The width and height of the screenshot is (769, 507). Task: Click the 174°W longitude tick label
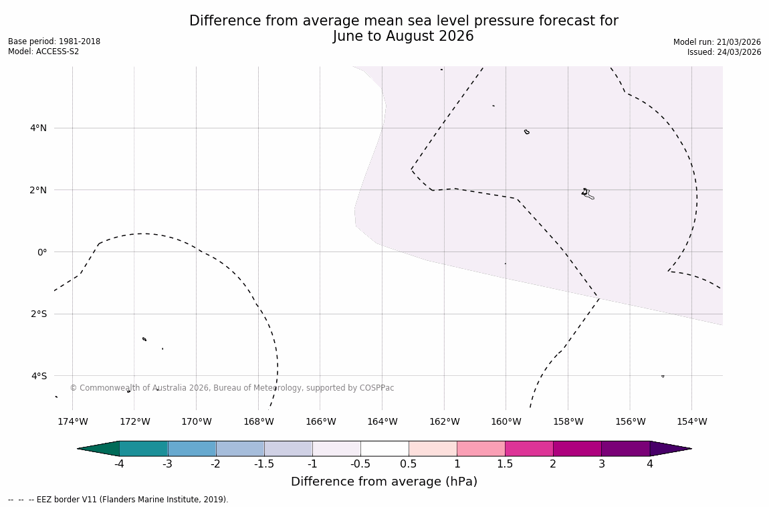click(x=72, y=421)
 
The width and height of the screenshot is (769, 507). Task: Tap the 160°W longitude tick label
click(x=506, y=421)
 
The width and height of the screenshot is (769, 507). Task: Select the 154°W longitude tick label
click(x=691, y=421)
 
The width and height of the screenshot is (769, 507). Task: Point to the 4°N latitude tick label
click(x=38, y=128)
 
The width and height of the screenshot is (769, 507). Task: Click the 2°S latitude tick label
click(x=38, y=314)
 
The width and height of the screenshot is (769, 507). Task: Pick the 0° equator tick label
click(x=41, y=252)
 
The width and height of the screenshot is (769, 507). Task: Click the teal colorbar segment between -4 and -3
click(x=143, y=449)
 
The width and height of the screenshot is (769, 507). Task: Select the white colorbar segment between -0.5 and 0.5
click(x=384, y=449)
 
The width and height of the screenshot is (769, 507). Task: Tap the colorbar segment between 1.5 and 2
click(x=529, y=449)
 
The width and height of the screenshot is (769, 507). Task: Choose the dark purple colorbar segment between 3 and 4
click(x=625, y=449)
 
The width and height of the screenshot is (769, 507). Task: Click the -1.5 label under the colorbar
click(x=264, y=464)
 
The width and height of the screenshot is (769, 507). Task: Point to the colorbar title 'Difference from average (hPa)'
click(x=384, y=482)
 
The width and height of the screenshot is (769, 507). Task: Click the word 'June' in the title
click(x=349, y=36)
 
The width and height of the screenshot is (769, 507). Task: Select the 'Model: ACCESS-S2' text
click(x=43, y=52)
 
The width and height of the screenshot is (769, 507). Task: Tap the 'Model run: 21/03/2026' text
click(x=717, y=42)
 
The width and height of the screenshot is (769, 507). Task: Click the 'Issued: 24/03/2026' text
click(x=724, y=52)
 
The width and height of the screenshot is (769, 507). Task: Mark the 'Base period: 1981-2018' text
click(x=54, y=41)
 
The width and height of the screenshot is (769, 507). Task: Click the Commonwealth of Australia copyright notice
click(x=231, y=388)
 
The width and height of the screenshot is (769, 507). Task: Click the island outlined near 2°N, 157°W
click(x=586, y=193)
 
